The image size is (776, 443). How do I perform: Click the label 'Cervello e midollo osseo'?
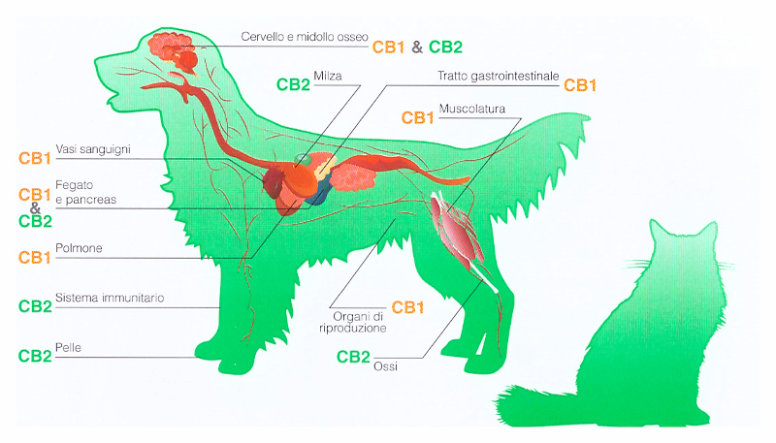click(x=305, y=37)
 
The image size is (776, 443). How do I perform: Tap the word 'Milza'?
click(x=328, y=77)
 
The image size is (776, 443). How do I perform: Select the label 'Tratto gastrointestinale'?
click(x=499, y=77)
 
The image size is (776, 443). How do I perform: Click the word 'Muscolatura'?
click(x=472, y=109)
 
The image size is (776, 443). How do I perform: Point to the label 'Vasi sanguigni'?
click(x=93, y=149)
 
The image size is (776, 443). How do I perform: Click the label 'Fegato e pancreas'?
click(x=85, y=192)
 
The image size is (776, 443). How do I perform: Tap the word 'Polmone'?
click(x=79, y=248)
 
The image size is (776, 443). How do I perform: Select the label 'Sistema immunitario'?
click(x=110, y=298)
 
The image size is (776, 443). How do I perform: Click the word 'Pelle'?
click(x=68, y=348)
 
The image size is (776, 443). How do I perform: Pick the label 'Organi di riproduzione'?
click(x=353, y=322)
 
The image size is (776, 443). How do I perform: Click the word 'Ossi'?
click(x=385, y=366)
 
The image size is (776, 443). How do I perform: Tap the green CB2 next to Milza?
click(x=293, y=84)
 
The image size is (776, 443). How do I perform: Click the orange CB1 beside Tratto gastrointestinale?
click(x=580, y=85)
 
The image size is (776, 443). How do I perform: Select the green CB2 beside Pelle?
click(x=35, y=356)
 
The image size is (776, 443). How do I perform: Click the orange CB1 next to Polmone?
click(x=35, y=258)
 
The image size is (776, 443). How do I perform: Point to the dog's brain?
click(x=174, y=51)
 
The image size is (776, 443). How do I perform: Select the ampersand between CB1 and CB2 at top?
click(x=417, y=47)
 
